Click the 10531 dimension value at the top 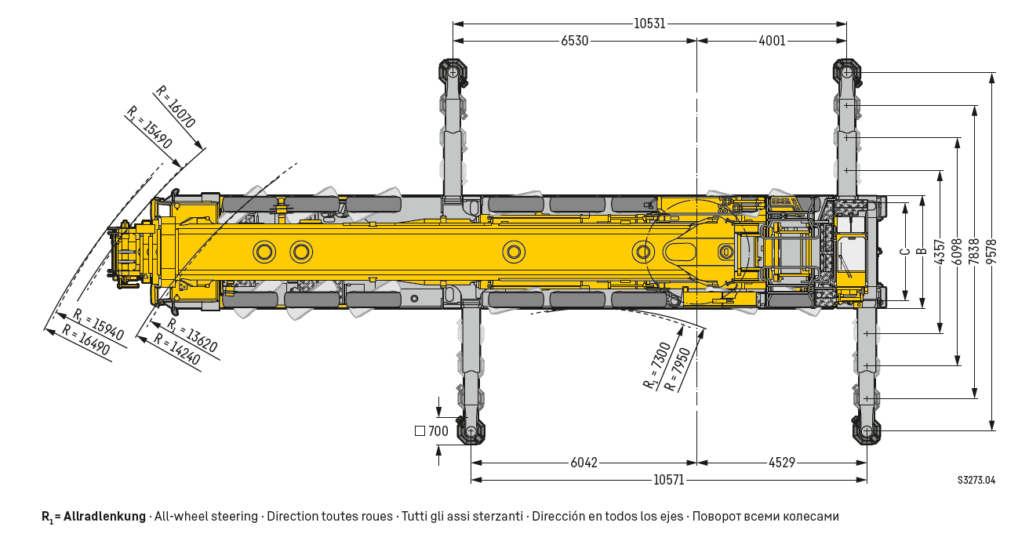pos(649,24)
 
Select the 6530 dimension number pos(574,41)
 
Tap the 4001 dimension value pos(772,41)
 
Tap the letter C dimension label pos(905,252)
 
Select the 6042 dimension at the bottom pos(584,463)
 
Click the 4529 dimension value pos(781,463)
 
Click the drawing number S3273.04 pos(976,480)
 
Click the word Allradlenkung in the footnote pos(104,517)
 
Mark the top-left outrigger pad pos(453,71)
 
